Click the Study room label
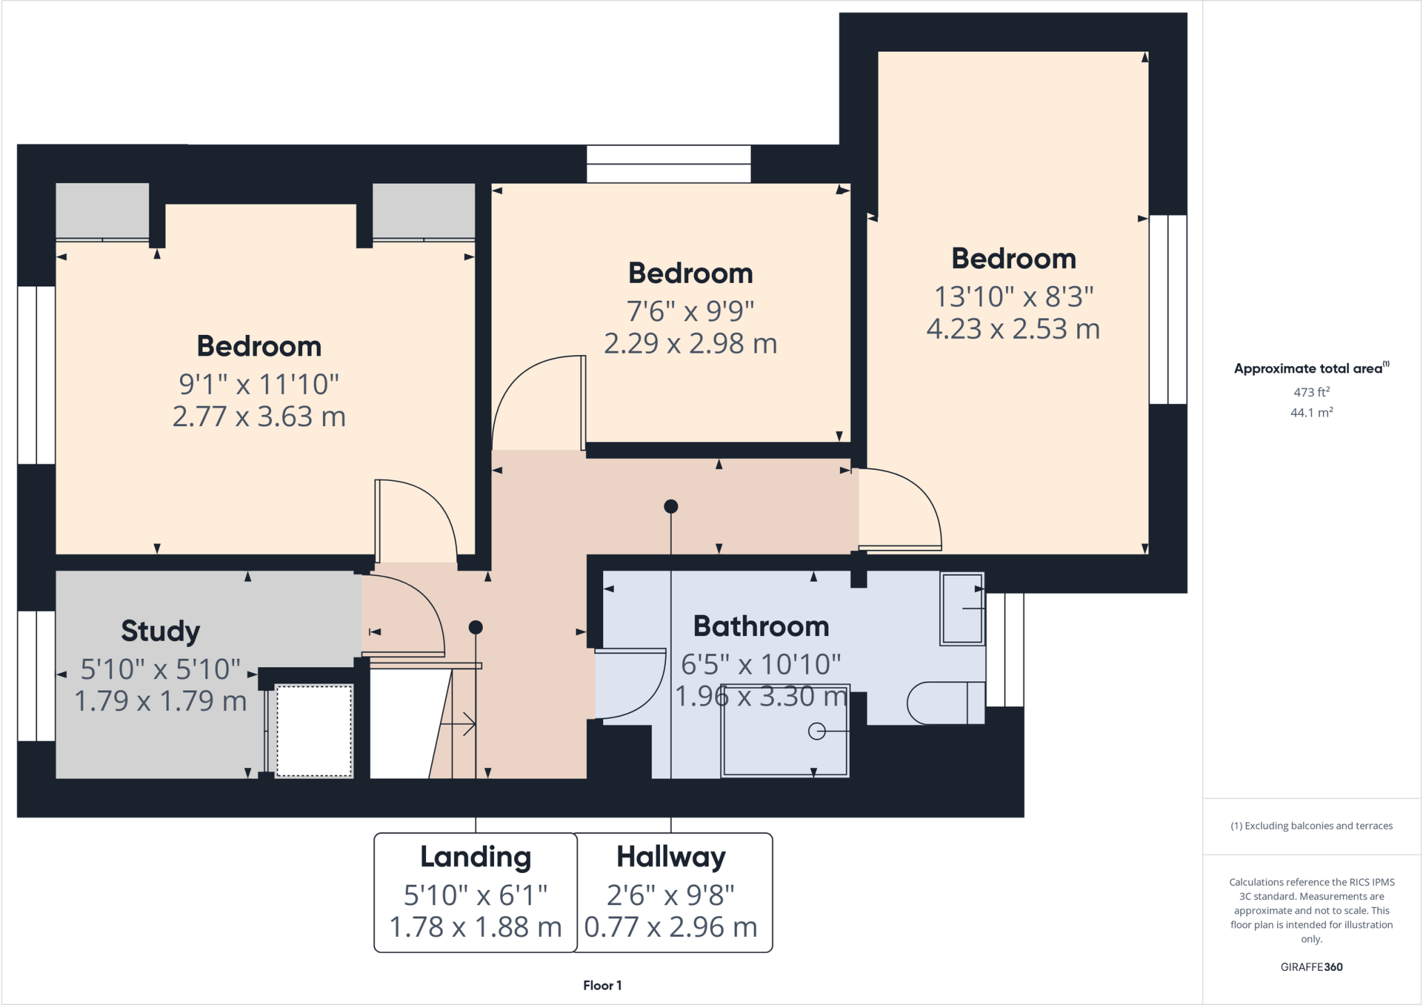click(161, 630)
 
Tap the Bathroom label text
click(761, 626)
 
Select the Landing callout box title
click(475, 856)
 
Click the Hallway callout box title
click(671, 856)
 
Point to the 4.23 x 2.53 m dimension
click(1013, 329)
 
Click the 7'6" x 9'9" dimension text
click(690, 311)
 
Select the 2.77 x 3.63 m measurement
click(258, 416)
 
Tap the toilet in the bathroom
click(945, 703)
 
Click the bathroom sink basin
click(962, 609)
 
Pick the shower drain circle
click(817, 731)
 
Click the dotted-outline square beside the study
click(314, 730)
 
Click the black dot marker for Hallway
click(671, 507)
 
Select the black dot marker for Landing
click(475, 628)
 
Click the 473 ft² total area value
click(1311, 392)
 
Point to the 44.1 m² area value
click(1311, 413)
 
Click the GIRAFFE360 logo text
click(1311, 967)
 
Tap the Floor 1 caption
click(602, 985)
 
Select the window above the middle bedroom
click(668, 163)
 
